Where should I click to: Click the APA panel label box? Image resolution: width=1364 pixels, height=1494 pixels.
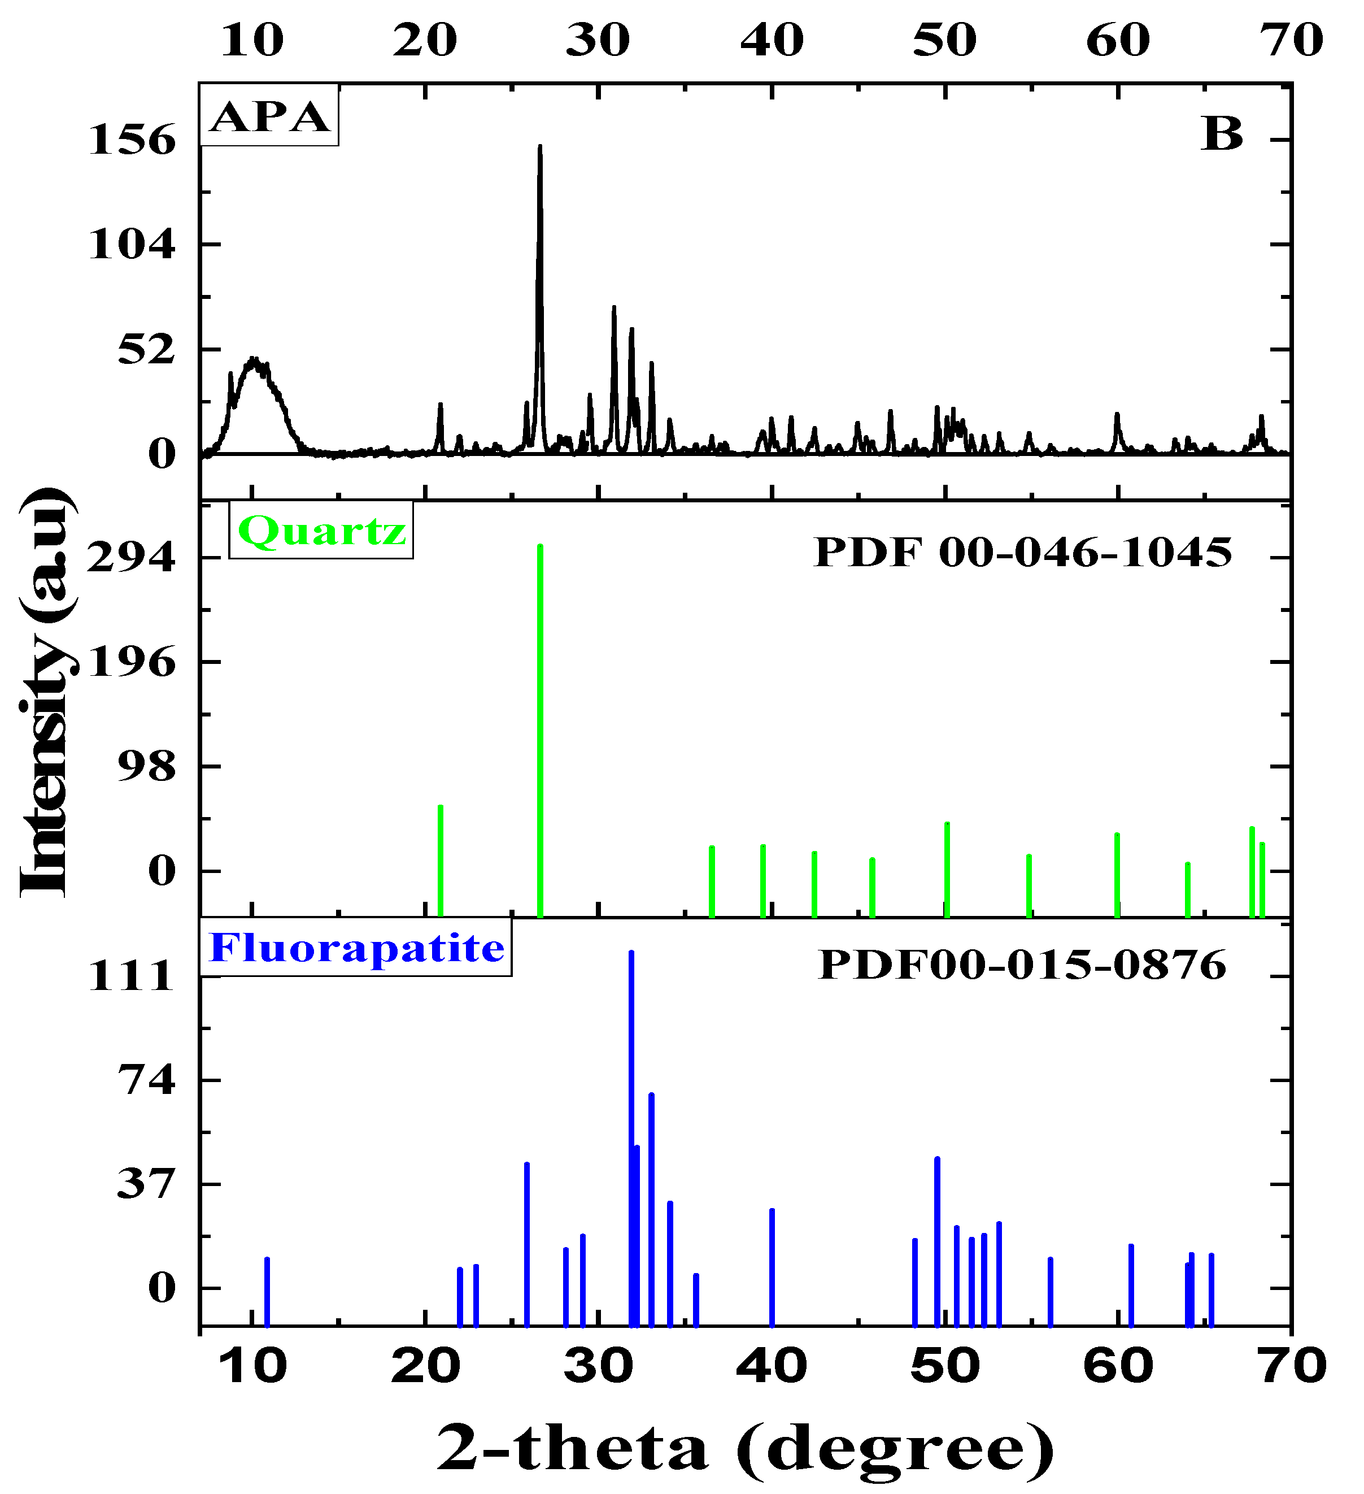coord(269,116)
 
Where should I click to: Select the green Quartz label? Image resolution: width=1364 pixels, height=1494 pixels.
coord(321,531)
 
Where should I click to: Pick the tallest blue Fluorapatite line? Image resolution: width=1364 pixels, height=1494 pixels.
coord(631,1111)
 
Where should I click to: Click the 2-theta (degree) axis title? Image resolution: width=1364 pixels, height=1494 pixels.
coord(744,1447)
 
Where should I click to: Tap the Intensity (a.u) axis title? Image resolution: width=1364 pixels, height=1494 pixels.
coord(45,693)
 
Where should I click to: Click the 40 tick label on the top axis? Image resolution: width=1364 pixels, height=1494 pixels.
coord(772,40)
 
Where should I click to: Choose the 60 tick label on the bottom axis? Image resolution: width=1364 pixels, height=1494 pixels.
coord(1118,1366)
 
